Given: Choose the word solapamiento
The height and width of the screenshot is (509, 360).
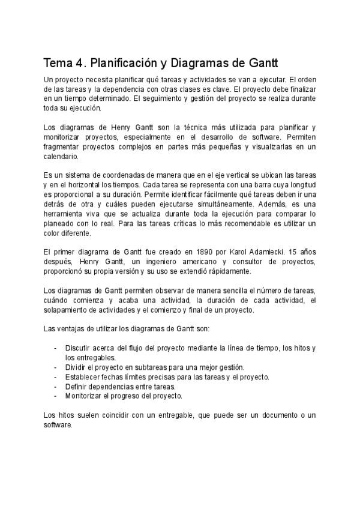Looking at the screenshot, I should click(x=67, y=310).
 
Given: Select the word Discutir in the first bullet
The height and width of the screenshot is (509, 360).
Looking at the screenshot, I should click(x=77, y=348).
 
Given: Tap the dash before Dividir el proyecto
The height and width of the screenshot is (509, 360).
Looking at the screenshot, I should click(x=56, y=367).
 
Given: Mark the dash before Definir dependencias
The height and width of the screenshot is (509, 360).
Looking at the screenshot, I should click(x=56, y=387).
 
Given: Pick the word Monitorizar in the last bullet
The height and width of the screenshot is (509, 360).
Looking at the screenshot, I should click(x=84, y=396).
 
